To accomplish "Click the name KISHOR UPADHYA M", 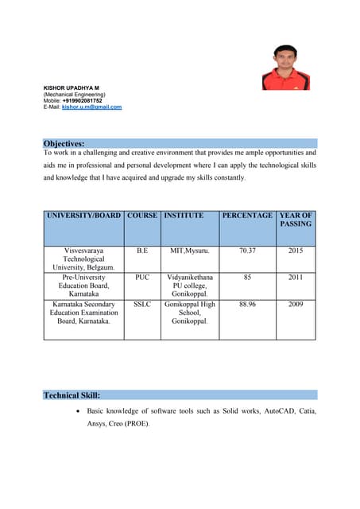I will [71, 87].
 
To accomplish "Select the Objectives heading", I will [64, 143].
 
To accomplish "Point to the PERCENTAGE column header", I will [247, 216].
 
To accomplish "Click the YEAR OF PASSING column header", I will [296, 220].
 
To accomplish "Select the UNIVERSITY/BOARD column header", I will [83, 216].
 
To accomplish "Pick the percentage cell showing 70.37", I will [247, 251].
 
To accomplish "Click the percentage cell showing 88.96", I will [247, 305].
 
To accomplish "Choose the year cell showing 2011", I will [296, 278].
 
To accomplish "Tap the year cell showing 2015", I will [296, 251].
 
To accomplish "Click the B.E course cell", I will [142, 251].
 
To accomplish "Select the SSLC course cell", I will [142, 305].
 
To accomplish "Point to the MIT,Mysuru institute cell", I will [190, 251].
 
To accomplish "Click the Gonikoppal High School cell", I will [190, 313].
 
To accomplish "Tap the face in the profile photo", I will [285, 57].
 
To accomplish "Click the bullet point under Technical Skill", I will [76, 412].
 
